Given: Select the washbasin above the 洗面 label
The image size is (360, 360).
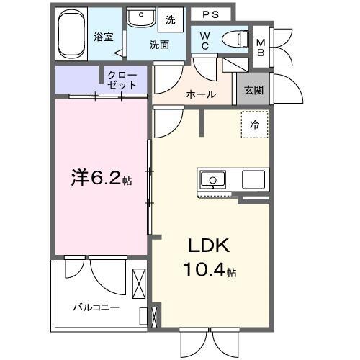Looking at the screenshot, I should [142, 17].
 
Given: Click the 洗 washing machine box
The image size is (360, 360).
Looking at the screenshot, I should [171, 19].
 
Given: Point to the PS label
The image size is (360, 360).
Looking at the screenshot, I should [210, 14].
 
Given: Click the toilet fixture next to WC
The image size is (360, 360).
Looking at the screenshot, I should [233, 38].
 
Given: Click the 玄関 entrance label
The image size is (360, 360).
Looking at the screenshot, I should [253, 90].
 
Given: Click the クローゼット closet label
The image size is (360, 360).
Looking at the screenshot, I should [122, 79].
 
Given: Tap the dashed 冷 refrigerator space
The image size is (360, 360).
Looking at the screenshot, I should [253, 125].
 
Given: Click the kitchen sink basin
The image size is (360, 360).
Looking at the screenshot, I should [213, 179].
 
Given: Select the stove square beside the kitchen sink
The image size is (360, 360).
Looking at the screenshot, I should [254, 179].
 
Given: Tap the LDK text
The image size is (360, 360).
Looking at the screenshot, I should [208, 246].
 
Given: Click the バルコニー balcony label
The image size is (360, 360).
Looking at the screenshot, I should [95, 307].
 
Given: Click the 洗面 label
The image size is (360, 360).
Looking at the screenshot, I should [159, 44].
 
